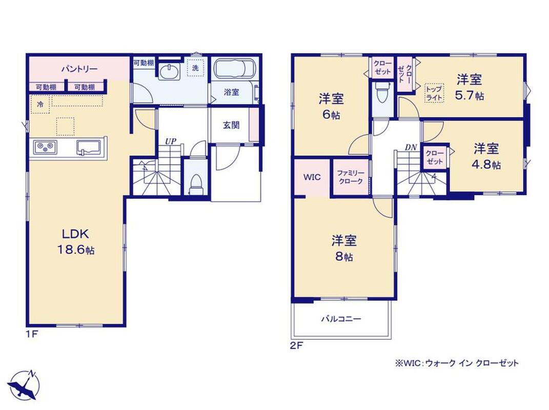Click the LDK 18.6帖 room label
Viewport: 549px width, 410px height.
click(x=76, y=241)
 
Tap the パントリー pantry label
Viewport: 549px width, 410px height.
click(x=79, y=69)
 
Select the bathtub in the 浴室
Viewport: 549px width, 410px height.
click(x=235, y=69)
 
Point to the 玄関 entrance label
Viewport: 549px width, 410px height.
click(x=231, y=125)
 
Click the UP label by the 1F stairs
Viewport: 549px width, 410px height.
click(x=171, y=141)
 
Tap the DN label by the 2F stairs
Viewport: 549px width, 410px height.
click(x=411, y=148)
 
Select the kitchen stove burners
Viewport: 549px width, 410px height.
click(x=45, y=147)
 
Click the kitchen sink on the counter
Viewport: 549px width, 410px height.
click(x=89, y=148)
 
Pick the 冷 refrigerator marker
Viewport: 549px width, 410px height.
click(x=40, y=104)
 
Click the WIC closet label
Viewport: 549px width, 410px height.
click(x=312, y=177)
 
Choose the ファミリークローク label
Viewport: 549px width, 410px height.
click(x=351, y=177)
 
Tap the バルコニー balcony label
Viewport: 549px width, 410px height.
click(x=341, y=319)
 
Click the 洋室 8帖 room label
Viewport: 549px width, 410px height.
click(x=344, y=249)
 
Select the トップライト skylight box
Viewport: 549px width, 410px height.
click(x=435, y=93)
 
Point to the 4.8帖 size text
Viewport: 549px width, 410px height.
click(x=486, y=164)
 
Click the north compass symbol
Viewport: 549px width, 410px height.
click(x=25, y=385)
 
